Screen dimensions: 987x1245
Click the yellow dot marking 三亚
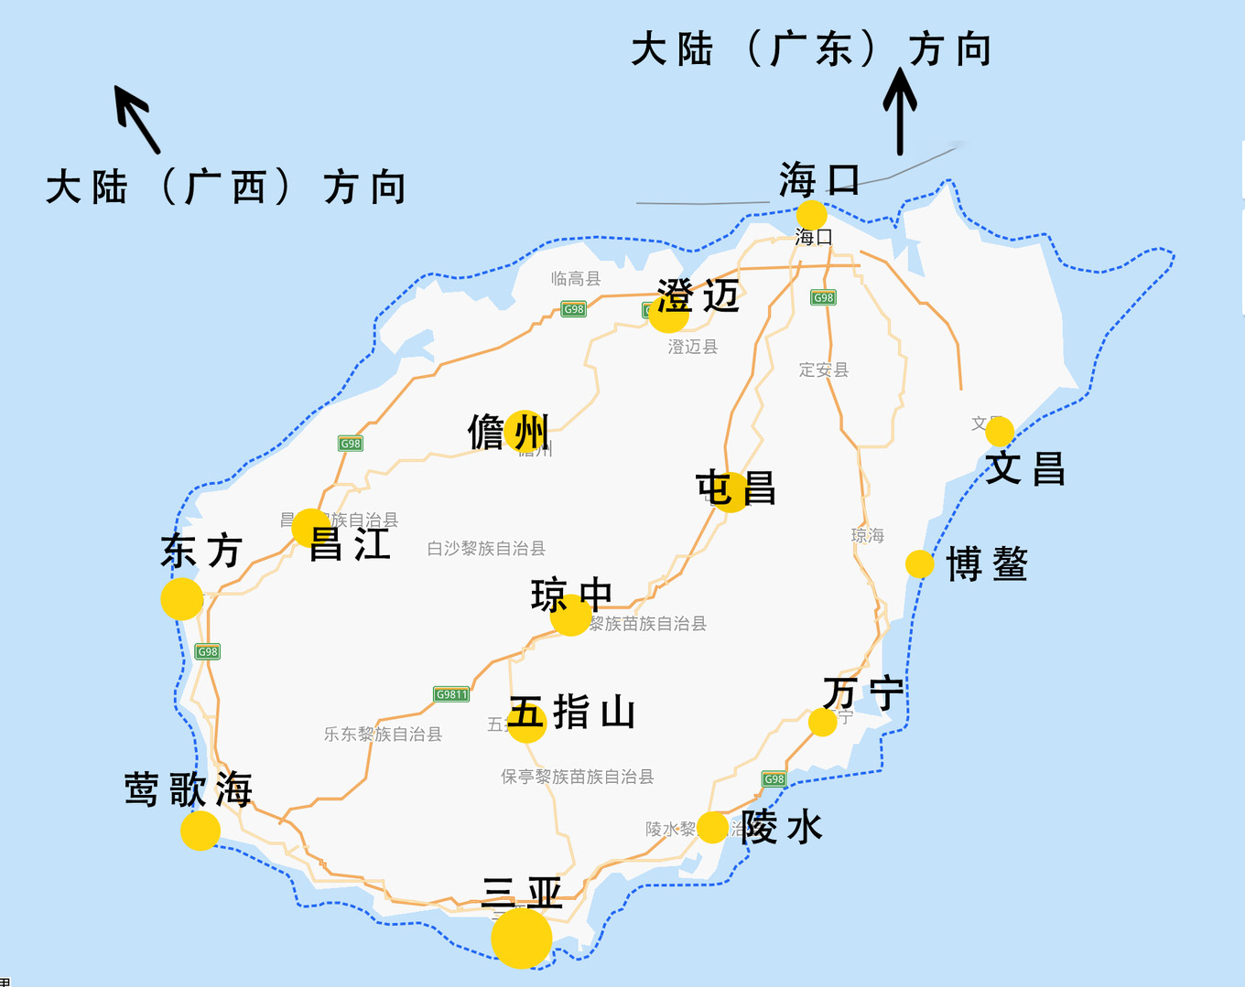pos(522,938)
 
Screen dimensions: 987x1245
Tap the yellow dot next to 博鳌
pos(919,564)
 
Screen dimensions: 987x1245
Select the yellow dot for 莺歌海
pos(200,831)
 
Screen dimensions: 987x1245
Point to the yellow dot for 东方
pos(182,598)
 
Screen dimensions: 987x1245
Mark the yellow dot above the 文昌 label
pos(1000,431)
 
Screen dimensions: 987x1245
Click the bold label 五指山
pos(572,712)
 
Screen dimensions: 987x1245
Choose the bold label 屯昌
pos(735,488)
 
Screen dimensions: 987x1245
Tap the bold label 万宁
pos(862,693)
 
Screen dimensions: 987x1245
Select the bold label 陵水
pos(782,827)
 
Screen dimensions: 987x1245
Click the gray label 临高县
pos(576,279)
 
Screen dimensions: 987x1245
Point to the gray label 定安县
pos(824,370)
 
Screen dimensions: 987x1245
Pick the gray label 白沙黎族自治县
pos(486,549)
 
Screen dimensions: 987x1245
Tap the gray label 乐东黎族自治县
pos(383,734)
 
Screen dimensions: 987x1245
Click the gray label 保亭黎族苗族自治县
pos(577,777)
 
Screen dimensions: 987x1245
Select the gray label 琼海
pos(868,535)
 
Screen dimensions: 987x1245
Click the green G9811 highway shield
pos(451,694)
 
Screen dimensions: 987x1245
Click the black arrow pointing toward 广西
pos(137,119)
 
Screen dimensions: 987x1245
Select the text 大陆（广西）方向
pos(226,188)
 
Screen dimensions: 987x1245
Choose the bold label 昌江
pos(350,544)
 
